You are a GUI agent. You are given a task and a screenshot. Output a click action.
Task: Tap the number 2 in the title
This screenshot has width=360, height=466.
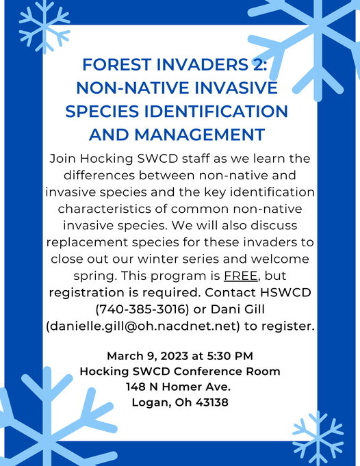258,65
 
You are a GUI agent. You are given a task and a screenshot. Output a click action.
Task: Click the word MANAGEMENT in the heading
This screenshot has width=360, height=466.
199,135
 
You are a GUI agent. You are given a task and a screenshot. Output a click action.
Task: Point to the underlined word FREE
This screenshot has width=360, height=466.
240,276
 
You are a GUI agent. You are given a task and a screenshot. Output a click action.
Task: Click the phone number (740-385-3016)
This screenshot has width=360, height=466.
142,309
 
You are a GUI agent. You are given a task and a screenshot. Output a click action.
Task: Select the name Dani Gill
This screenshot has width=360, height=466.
237,309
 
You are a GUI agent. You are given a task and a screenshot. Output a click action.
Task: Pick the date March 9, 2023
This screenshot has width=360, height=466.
147,356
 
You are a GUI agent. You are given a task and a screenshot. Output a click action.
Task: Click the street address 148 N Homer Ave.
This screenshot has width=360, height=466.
179,387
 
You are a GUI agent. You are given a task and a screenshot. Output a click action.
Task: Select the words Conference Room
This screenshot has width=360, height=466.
227,371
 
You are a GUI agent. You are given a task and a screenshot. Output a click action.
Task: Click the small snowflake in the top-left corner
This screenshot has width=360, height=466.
44,27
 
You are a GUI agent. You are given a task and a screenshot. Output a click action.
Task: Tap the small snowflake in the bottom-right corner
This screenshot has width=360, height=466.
318,437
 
